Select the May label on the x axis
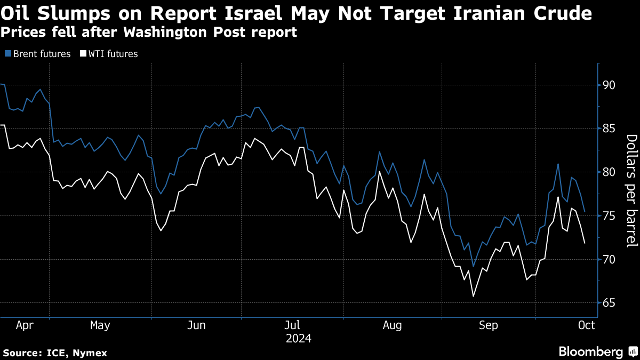click(x=100, y=325)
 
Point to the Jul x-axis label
click(x=292, y=325)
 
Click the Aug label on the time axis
click(x=393, y=325)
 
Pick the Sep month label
click(x=488, y=325)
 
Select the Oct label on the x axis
click(x=586, y=325)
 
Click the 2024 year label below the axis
click(x=299, y=338)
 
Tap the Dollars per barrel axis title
click(x=631, y=191)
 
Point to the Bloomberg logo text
click(x=590, y=351)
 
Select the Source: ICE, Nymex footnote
click(x=55, y=353)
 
